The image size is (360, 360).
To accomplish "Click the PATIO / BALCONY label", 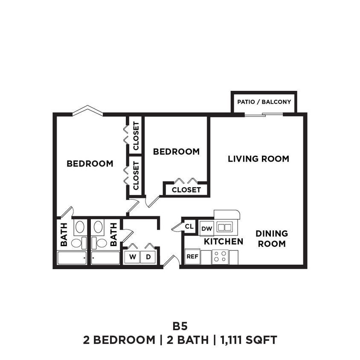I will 264,102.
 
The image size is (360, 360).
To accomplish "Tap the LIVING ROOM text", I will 258,159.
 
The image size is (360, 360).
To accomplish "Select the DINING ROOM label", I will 272,238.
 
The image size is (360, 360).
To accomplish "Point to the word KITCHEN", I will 223,241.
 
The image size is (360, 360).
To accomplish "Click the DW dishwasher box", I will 207,229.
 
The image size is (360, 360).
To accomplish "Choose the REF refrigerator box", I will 192,257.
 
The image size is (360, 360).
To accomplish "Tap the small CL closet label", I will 189,227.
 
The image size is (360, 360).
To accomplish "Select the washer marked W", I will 132,257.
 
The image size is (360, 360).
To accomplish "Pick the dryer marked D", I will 148,257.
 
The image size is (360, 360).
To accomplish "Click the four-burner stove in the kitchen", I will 220,256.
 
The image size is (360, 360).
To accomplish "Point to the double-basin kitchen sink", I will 224,227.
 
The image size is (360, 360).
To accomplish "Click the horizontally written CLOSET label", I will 186,189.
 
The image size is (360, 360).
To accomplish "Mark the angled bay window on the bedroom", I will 87,110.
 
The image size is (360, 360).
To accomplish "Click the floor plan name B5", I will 180,326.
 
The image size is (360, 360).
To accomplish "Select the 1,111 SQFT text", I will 248,340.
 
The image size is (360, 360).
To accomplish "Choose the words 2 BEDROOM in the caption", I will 119,340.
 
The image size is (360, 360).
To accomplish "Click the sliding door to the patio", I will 264,114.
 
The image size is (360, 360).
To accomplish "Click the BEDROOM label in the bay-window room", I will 90,163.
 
